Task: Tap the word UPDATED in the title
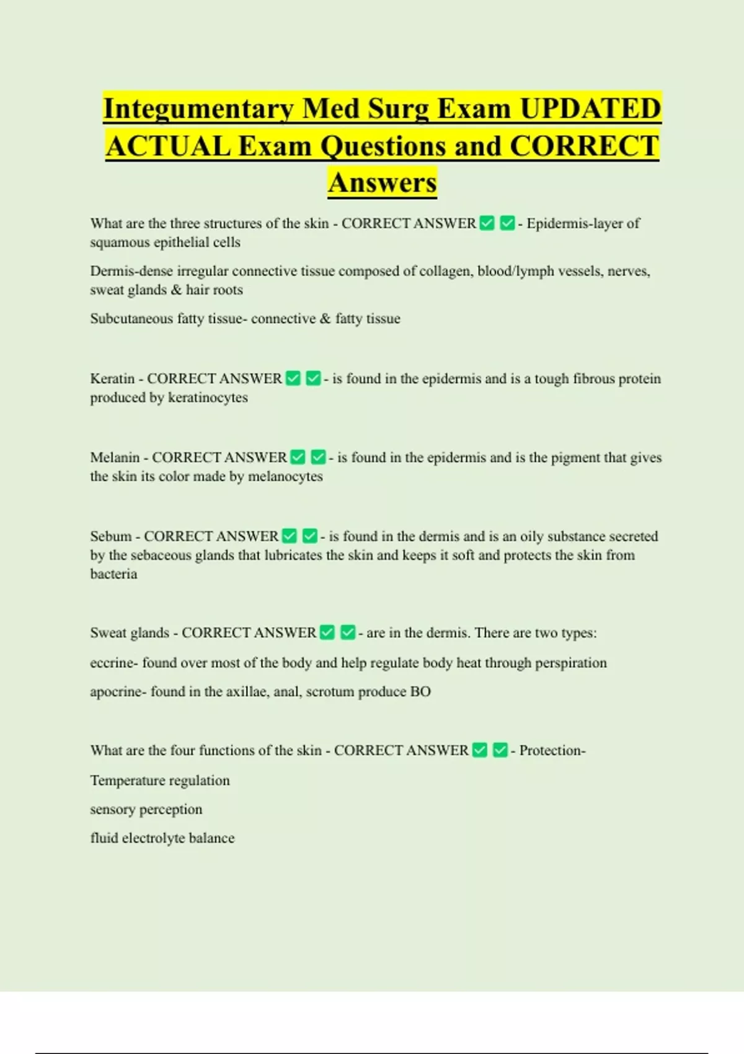click(x=590, y=109)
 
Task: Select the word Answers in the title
click(x=382, y=183)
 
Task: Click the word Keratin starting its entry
click(x=112, y=379)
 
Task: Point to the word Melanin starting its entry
click(x=115, y=458)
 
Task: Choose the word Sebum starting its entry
click(x=110, y=536)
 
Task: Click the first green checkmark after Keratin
click(x=293, y=378)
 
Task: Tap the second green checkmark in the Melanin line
click(x=318, y=457)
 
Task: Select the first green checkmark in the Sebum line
click(x=290, y=536)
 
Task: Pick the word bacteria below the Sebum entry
click(x=113, y=574)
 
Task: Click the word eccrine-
click(x=113, y=663)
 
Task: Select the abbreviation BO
click(x=420, y=692)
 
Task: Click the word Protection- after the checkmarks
click(x=552, y=751)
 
